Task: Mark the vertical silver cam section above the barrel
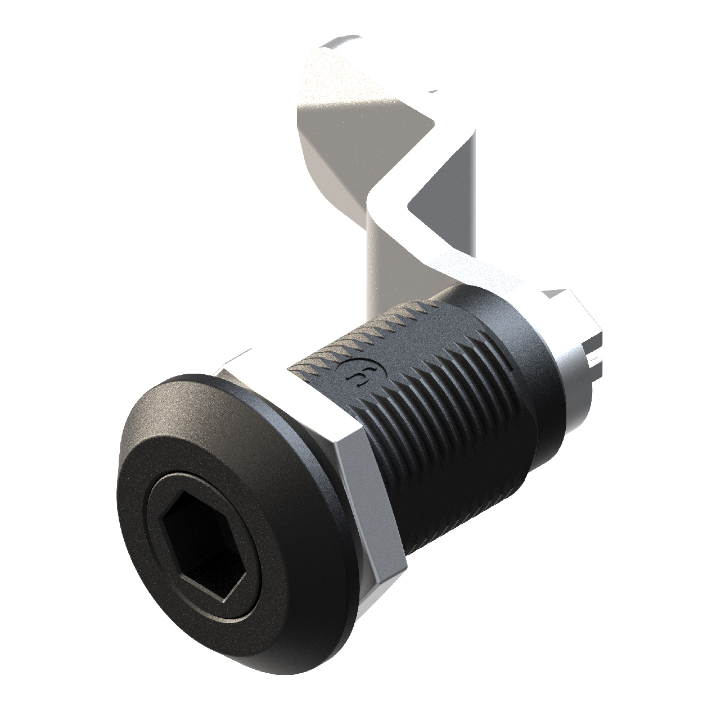click(x=388, y=258)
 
